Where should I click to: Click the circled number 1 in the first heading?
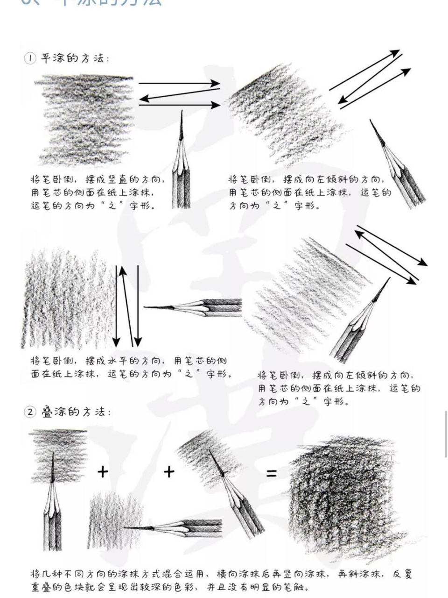click(x=30, y=58)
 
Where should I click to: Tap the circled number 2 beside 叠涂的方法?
click(x=30, y=412)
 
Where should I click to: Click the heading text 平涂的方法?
click(x=75, y=58)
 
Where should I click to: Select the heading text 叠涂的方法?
click(x=75, y=412)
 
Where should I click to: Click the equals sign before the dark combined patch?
click(x=271, y=473)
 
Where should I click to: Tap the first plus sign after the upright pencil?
click(x=103, y=471)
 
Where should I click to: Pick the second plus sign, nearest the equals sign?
click(x=169, y=471)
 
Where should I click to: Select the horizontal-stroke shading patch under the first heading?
click(x=85, y=119)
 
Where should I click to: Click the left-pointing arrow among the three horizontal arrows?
click(x=180, y=95)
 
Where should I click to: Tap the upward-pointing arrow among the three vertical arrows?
click(x=127, y=306)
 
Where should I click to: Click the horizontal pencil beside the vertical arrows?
click(x=196, y=307)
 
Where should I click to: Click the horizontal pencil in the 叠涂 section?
click(x=177, y=528)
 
